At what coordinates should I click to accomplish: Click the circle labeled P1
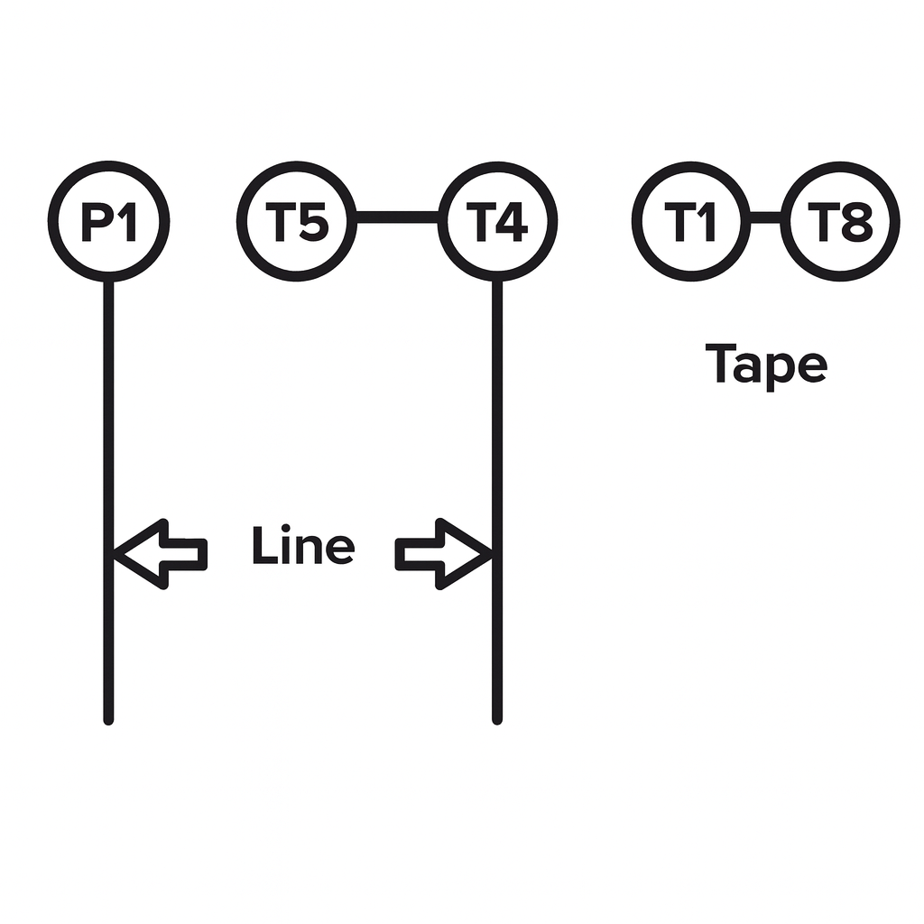108,221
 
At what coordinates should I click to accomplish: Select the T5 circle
297,221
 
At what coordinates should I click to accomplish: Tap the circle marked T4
497,221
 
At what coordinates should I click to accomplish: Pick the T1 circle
692,221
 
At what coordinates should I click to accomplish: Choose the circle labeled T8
840,221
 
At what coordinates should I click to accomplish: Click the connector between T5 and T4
397,217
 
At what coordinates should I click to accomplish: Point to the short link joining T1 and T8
765,217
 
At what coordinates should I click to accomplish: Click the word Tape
766,365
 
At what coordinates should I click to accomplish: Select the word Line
302,547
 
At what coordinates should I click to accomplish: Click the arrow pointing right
443,553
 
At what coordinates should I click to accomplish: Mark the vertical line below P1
108,406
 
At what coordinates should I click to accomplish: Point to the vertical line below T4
497,406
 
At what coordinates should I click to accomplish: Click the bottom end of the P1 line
108,719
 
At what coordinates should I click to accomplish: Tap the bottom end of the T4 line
497,719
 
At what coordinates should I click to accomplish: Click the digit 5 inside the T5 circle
311,222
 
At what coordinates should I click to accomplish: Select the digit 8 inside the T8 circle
855,222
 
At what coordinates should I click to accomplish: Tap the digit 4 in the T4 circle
512,222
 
